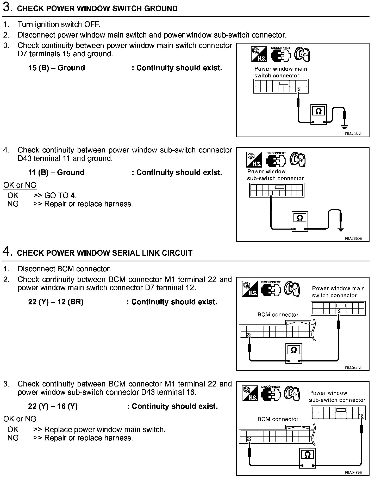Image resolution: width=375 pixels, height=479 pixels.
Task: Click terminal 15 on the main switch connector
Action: point(298,89)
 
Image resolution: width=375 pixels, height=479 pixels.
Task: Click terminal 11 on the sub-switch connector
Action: point(271,193)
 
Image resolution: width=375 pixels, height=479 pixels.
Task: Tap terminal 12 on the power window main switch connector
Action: point(338,311)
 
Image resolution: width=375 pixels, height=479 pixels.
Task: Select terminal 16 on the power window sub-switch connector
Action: point(361,416)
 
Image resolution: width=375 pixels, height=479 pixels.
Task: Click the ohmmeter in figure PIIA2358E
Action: point(318,115)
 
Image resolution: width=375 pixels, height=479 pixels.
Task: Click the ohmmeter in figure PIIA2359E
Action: point(300,221)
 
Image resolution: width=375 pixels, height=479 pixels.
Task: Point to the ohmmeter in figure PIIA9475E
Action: point(294,353)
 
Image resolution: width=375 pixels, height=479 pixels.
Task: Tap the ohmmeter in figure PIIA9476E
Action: point(308,458)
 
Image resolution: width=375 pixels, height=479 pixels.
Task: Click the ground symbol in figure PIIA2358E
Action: point(344,127)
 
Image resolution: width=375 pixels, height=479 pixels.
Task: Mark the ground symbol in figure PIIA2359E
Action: point(341,229)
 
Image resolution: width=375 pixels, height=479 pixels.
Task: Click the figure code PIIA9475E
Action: point(353,368)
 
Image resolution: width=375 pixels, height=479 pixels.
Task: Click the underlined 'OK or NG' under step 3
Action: point(20,185)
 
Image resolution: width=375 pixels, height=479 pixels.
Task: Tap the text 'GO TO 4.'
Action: point(60,195)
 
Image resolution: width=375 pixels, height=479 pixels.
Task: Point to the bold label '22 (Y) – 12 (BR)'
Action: point(56,302)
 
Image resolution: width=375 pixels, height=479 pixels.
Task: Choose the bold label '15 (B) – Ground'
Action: point(57,68)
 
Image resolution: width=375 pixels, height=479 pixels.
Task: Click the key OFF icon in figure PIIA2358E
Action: point(302,54)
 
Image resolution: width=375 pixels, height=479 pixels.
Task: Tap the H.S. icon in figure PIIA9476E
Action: point(250,394)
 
